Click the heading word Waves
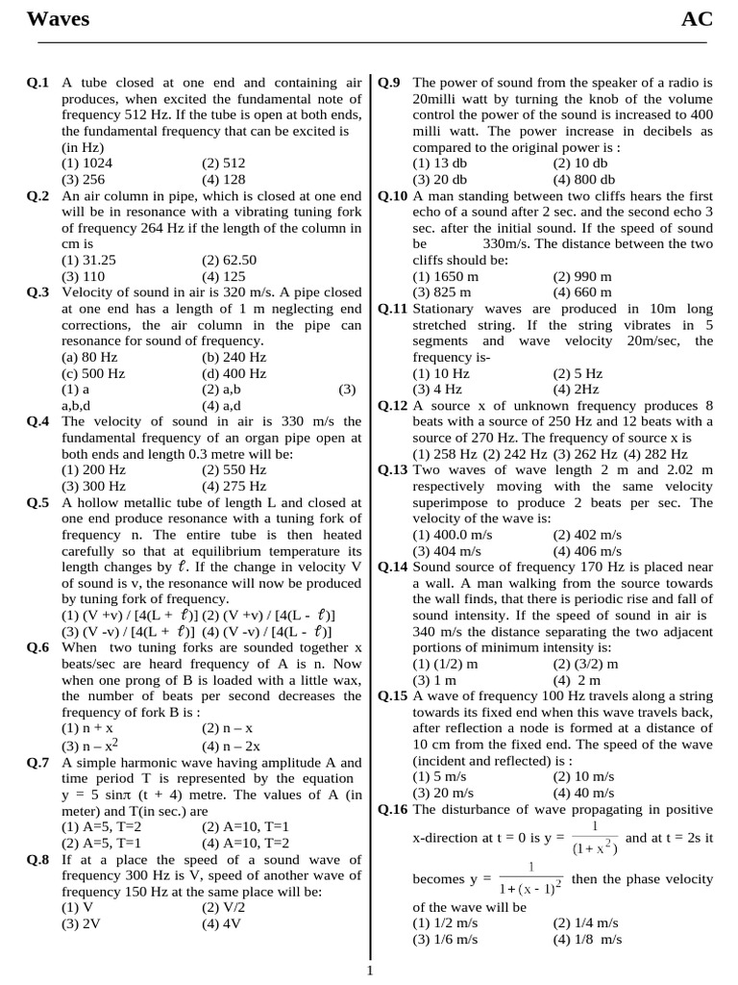click(x=57, y=19)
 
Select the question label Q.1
click(x=38, y=84)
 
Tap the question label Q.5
click(x=38, y=502)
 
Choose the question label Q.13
click(x=393, y=469)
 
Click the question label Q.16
click(x=393, y=810)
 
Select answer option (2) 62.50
click(x=229, y=260)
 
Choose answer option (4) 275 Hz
click(x=234, y=486)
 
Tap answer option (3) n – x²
click(x=90, y=745)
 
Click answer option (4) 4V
click(x=221, y=923)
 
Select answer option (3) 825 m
click(x=442, y=292)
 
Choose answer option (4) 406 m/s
click(x=587, y=551)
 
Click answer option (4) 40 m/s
click(x=583, y=793)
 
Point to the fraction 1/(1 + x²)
click(x=595, y=838)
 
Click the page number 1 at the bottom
click(x=370, y=971)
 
